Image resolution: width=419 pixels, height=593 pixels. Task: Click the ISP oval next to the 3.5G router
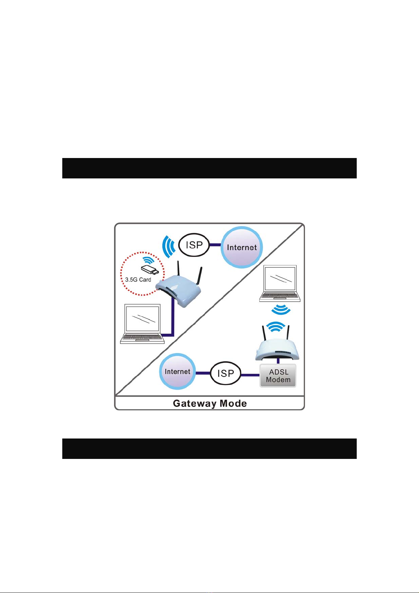[x=194, y=245]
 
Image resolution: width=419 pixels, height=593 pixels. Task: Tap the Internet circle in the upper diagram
[x=242, y=247]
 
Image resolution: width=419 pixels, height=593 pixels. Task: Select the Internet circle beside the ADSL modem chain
[x=177, y=372]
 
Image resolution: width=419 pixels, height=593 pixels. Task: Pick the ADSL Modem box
[x=278, y=376]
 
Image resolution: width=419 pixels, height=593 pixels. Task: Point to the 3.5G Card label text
[x=138, y=280]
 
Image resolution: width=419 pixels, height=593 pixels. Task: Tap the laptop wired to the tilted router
[x=142, y=324]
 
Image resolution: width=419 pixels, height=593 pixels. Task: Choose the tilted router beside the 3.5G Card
[x=179, y=290]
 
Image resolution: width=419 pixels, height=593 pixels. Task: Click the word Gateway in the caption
[x=195, y=403]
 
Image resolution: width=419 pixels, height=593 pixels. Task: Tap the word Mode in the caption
[x=233, y=403]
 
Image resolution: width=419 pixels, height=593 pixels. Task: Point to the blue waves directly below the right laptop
[x=280, y=310]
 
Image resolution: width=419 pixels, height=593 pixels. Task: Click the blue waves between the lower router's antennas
[x=276, y=327]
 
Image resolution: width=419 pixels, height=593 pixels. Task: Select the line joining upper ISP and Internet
[x=215, y=245]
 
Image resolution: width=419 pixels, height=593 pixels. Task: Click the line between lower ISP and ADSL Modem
[x=250, y=375]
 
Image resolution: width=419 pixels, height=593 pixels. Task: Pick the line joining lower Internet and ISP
[x=203, y=373]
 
